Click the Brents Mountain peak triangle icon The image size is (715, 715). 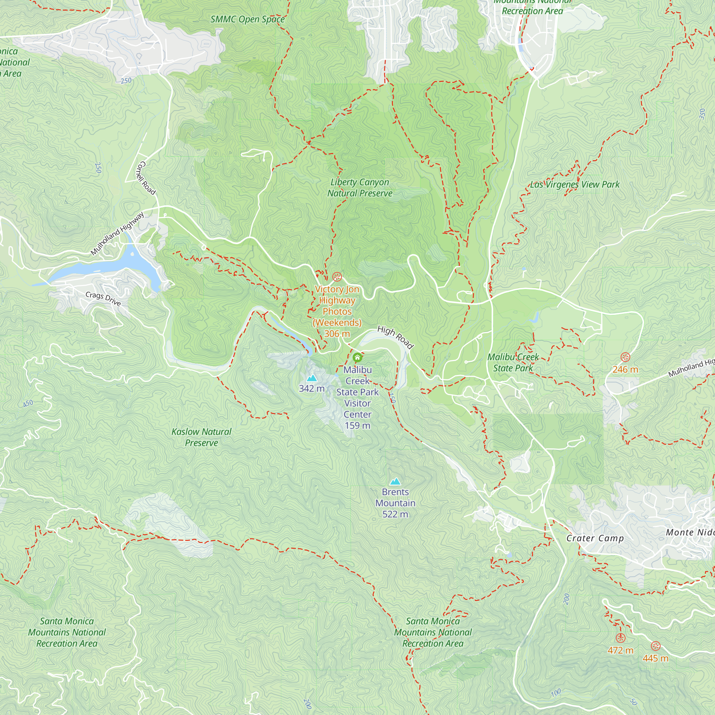pyautogui.click(x=395, y=482)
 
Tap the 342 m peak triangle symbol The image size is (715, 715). pyautogui.click(x=312, y=378)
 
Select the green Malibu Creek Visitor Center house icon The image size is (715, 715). pyautogui.click(x=357, y=357)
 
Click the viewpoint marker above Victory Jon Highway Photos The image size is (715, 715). pyautogui.click(x=337, y=276)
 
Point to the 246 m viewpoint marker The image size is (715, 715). pyautogui.click(x=625, y=357)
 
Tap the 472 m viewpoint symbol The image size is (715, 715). pyautogui.click(x=621, y=638)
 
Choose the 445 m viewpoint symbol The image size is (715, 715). pyautogui.click(x=655, y=646)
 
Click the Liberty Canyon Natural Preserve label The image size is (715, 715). pyautogui.click(x=360, y=188)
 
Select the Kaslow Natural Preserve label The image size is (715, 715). pyautogui.click(x=201, y=437)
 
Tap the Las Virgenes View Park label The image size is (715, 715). pyautogui.click(x=575, y=184)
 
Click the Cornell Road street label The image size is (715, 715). pyautogui.click(x=146, y=178)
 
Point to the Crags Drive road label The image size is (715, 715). pyautogui.click(x=103, y=299)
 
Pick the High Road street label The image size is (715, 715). pyautogui.click(x=395, y=337)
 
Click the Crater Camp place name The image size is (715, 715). pyautogui.click(x=595, y=538)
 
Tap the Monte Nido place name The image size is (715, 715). pyautogui.click(x=690, y=532)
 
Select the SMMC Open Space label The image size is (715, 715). pyautogui.click(x=247, y=19)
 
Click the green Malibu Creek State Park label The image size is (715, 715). pyautogui.click(x=513, y=362)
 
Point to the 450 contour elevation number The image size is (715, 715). pyautogui.click(x=28, y=403)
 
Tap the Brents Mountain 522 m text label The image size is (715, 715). pyautogui.click(x=395, y=503)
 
